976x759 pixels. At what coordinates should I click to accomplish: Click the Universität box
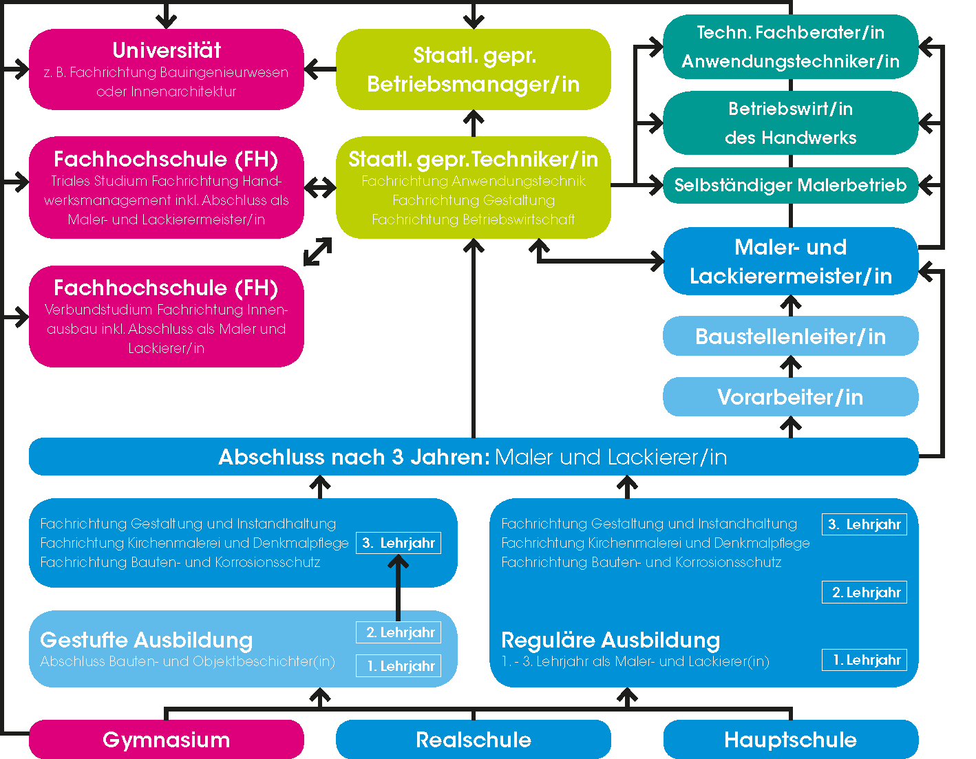[x=166, y=69]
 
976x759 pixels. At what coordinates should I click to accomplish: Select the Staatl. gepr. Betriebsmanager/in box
[x=473, y=69]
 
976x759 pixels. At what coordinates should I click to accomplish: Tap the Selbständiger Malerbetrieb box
[x=790, y=185]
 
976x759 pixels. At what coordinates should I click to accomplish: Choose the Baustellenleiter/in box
[x=790, y=336]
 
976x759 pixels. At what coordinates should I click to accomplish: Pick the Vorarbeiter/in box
[x=790, y=397]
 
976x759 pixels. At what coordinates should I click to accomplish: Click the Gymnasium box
[x=166, y=740]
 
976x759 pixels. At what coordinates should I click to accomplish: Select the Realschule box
[x=473, y=740]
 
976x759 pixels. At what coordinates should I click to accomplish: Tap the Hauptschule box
[x=790, y=740]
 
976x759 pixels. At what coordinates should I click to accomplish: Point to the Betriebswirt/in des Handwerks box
[x=790, y=123]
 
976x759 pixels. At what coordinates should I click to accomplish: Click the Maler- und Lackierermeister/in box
[x=790, y=261]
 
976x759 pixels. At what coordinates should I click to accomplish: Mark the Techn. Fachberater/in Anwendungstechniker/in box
[x=790, y=47]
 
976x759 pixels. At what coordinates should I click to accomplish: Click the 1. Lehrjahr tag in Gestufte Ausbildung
[x=399, y=666]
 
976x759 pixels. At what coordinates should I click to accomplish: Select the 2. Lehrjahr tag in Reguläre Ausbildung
[x=864, y=592]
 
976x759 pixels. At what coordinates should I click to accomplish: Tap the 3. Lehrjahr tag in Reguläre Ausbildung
[x=864, y=524]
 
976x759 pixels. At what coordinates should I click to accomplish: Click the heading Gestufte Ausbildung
[x=147, y=640]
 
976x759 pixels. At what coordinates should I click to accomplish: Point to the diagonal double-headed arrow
[x=318, y=252]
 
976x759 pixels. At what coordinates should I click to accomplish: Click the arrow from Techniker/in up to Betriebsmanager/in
[x=474, y=123]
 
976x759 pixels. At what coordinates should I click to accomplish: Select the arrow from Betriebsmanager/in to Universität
[x=320, y=69]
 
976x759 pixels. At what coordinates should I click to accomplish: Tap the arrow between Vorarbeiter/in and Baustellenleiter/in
[x=791, y=366]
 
